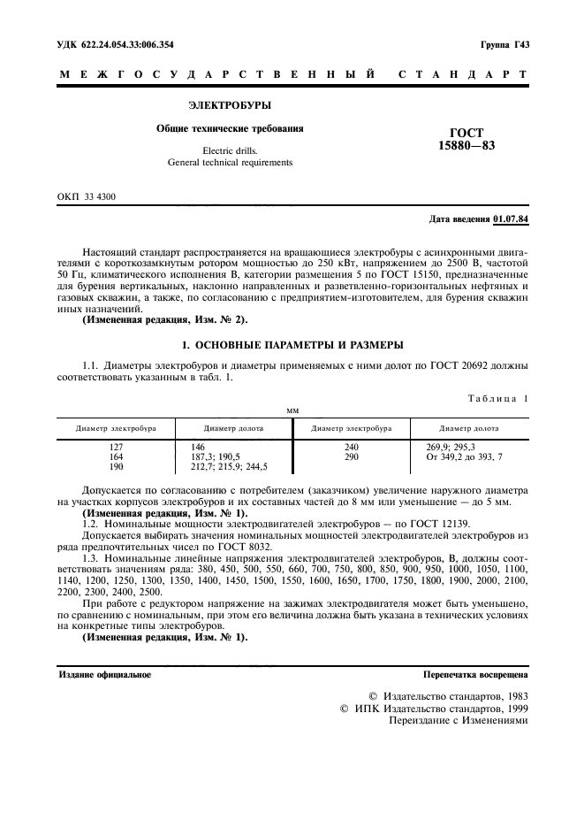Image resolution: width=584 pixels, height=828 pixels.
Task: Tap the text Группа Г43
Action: (x=504, y=44)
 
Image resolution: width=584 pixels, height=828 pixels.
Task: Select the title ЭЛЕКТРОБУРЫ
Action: (x=230, y=105)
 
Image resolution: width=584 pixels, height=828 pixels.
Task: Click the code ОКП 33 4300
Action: (x=87, y=195)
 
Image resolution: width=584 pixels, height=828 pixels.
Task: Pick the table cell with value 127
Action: (x=116, y=448)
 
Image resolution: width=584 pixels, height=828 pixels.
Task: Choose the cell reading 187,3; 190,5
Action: (x=215, y=456)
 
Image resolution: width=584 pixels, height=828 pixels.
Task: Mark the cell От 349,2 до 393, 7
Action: (x=464, y=456)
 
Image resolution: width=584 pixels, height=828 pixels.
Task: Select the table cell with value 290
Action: (x=351, y=456)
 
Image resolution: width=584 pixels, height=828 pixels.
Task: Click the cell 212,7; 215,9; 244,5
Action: (x=229, y=466)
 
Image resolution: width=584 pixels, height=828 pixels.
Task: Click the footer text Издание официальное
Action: (x=104, y=675)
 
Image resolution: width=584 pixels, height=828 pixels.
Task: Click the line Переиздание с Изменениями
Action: (x=459, y=720)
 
